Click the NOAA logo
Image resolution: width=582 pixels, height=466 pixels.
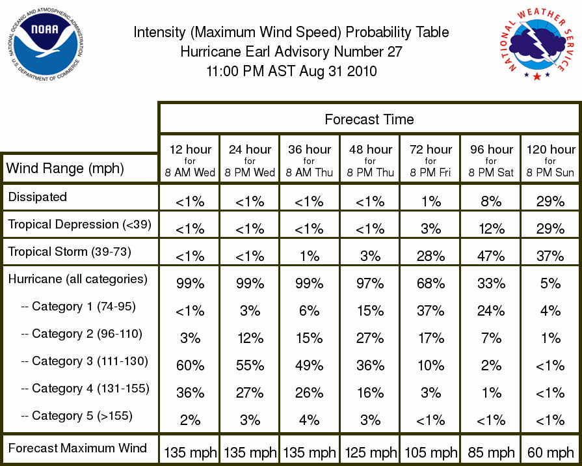(45, 44)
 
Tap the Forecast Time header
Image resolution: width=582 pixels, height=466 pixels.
(369, 119)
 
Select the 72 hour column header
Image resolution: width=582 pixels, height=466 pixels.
(430, 161)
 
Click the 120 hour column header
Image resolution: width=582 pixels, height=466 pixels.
(551, 161)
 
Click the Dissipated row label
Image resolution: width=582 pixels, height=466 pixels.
(38, 197)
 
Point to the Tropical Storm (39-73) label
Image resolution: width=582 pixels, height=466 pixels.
(70, 252)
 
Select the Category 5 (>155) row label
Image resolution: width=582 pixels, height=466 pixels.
(77, 416)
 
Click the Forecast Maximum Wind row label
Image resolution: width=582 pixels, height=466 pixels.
(77, 448)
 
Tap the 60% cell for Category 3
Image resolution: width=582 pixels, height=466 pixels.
(190, 366)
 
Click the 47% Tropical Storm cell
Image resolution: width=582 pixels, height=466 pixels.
(491, 256)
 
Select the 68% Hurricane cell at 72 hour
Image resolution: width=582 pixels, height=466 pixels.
(430, 284)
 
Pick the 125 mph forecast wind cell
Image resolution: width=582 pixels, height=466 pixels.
(371, 452)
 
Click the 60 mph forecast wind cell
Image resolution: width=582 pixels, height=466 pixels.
(551, 452)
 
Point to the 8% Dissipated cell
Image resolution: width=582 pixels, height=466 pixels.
(491, 201)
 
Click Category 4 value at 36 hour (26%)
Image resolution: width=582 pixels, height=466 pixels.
(309, 393)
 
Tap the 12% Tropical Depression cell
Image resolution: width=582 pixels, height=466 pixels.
(492, 229)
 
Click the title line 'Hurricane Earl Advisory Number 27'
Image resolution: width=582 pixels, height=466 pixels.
(291, 51)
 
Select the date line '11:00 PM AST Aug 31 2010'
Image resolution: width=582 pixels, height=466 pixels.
(291, 71)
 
